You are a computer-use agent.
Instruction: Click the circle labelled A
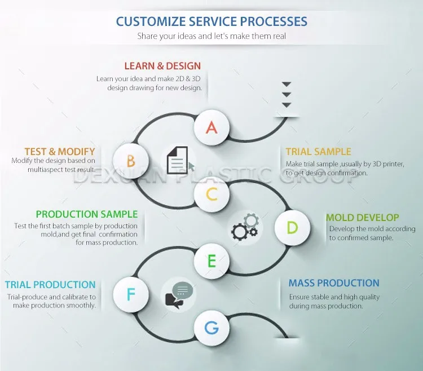coord(211,127)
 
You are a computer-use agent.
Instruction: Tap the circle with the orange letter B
coord(131,161)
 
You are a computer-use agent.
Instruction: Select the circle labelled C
coord(211,195)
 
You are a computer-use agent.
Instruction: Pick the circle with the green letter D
coord(292,228)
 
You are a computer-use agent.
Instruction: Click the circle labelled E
coord(211,261)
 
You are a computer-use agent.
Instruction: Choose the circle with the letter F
coord(131,294)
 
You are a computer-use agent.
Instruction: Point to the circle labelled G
coord(211,328)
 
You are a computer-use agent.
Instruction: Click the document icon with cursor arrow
coord(180,160)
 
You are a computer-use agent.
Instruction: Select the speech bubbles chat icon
coord(179,294)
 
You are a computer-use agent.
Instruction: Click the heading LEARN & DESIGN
coord(162,66)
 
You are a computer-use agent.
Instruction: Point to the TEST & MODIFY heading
coord(60,151)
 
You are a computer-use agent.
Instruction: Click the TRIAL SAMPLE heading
coord(318,151)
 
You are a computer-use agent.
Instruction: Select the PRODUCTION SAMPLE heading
coord(87,214)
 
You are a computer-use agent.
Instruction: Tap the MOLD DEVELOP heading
coord(363,217)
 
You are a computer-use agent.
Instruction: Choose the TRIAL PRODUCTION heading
coord(51,285)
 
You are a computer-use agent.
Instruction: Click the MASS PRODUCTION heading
coord(334,283)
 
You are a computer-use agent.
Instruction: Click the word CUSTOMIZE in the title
coord(149,22)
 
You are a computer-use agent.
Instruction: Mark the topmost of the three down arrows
coord(286,85)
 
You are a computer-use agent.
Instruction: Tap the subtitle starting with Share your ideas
coord(211,36)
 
